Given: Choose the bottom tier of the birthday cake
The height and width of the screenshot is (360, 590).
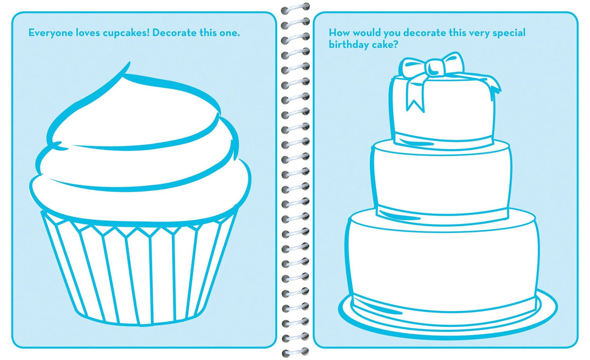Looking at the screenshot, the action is point(443,266).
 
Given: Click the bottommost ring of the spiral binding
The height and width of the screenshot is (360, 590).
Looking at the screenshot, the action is point(295,351).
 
